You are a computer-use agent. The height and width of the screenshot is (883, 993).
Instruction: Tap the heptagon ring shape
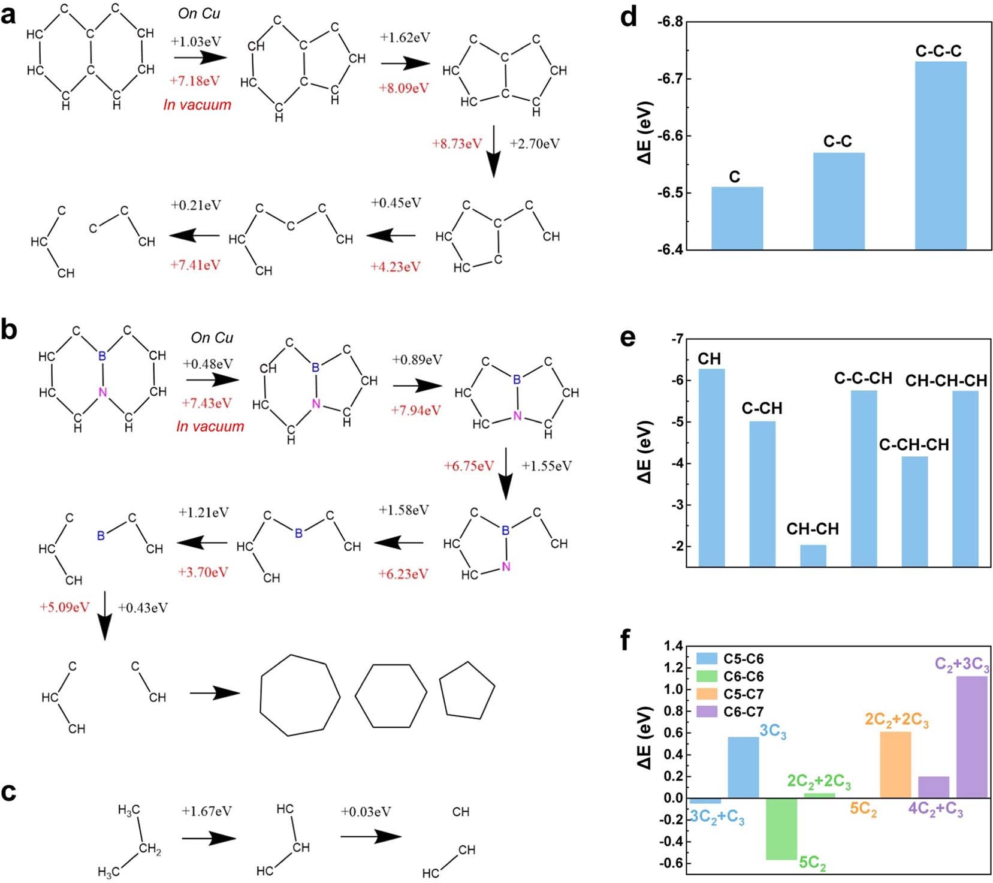(300, 695)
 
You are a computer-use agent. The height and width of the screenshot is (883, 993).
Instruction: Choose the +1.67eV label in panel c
(206, 811)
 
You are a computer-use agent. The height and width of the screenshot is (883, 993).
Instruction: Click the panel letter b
(10, 330)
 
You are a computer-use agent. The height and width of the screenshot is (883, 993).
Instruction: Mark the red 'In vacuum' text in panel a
(197, 104)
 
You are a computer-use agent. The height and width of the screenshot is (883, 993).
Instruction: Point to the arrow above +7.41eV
(194, 236)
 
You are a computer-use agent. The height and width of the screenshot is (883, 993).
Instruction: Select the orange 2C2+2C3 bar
(895, 764)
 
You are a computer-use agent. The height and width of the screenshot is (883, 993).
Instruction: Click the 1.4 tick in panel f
(673, 646)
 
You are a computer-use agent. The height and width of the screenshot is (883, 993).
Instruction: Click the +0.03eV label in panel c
(366, 811)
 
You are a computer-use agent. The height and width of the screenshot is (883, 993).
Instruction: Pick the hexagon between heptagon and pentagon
(391, 695)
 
